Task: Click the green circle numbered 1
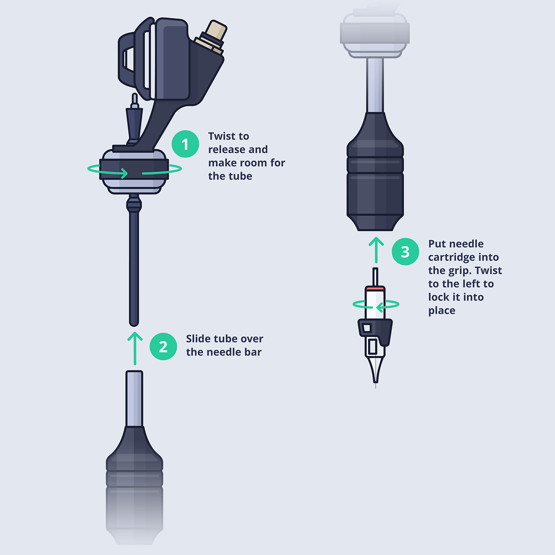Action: tap(185, 144)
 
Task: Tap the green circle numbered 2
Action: tap(163, 347)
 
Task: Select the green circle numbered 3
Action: tap(405, 252)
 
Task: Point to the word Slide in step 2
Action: tap(199, 339)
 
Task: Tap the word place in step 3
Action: tap(441, 311)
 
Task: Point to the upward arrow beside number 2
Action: tap(135, 348)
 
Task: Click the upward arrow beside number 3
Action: tap(376, 250)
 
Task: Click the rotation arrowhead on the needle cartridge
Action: tap(379, 307)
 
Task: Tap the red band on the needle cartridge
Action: tap(375, 287)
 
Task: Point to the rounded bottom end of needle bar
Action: tap(134, 323)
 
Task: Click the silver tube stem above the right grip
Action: tap(375, 85)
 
